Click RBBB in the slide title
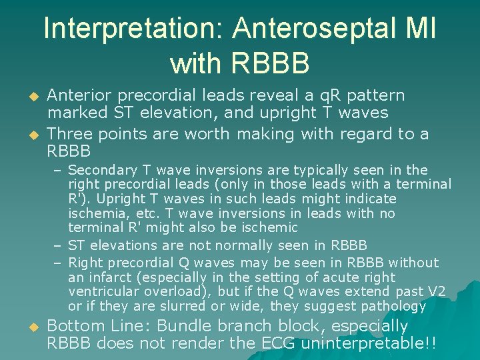tap(240, 63)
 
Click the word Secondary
tap(101, 170)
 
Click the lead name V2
tap(434, 292)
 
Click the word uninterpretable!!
tap(369, 344)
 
